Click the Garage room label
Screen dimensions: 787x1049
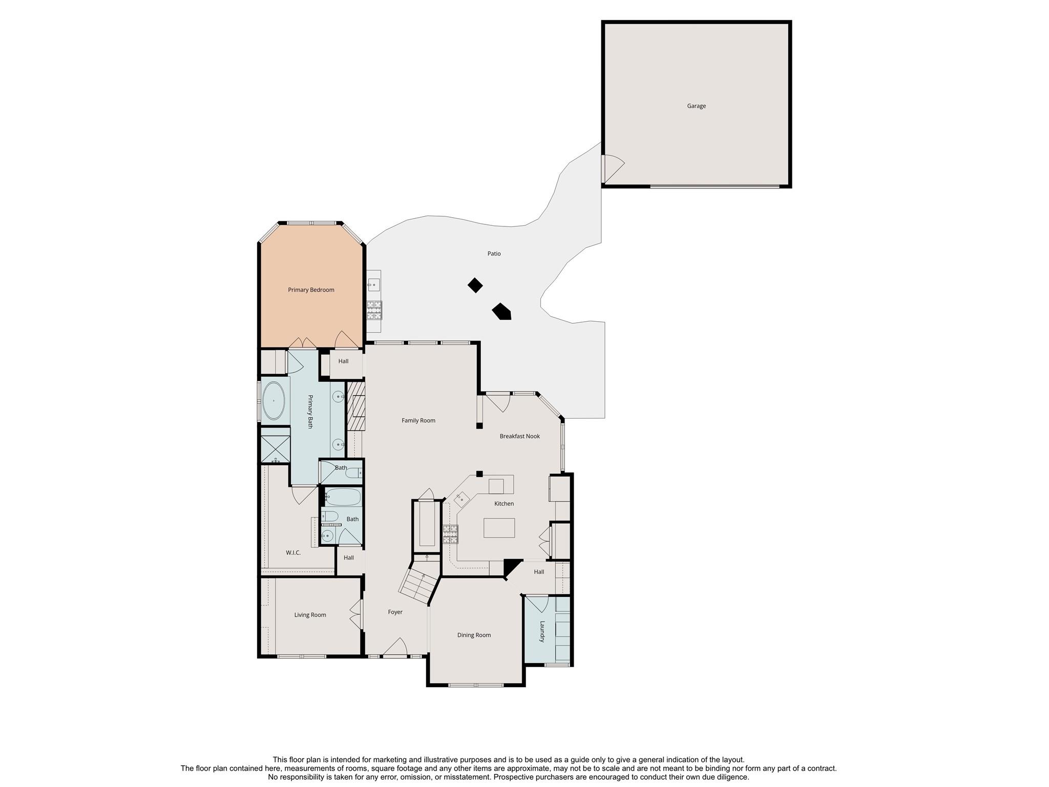696,106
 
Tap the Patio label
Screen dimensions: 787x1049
494,254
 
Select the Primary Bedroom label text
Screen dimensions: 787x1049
311,290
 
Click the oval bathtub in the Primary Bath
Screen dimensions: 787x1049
274,401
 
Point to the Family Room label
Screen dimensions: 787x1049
418,421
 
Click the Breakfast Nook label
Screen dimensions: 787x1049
519,437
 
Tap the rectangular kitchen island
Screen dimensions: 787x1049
499,527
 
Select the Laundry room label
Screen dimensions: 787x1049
542,632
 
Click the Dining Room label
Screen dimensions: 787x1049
474,635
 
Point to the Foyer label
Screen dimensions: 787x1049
395,612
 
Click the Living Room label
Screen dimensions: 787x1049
310,615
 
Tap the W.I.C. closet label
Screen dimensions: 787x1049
293,553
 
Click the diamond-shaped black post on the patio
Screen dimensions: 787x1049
475,285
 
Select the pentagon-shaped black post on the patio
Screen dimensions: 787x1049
502,312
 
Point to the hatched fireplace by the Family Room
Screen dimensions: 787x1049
356,406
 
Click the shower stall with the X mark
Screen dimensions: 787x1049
275,449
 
